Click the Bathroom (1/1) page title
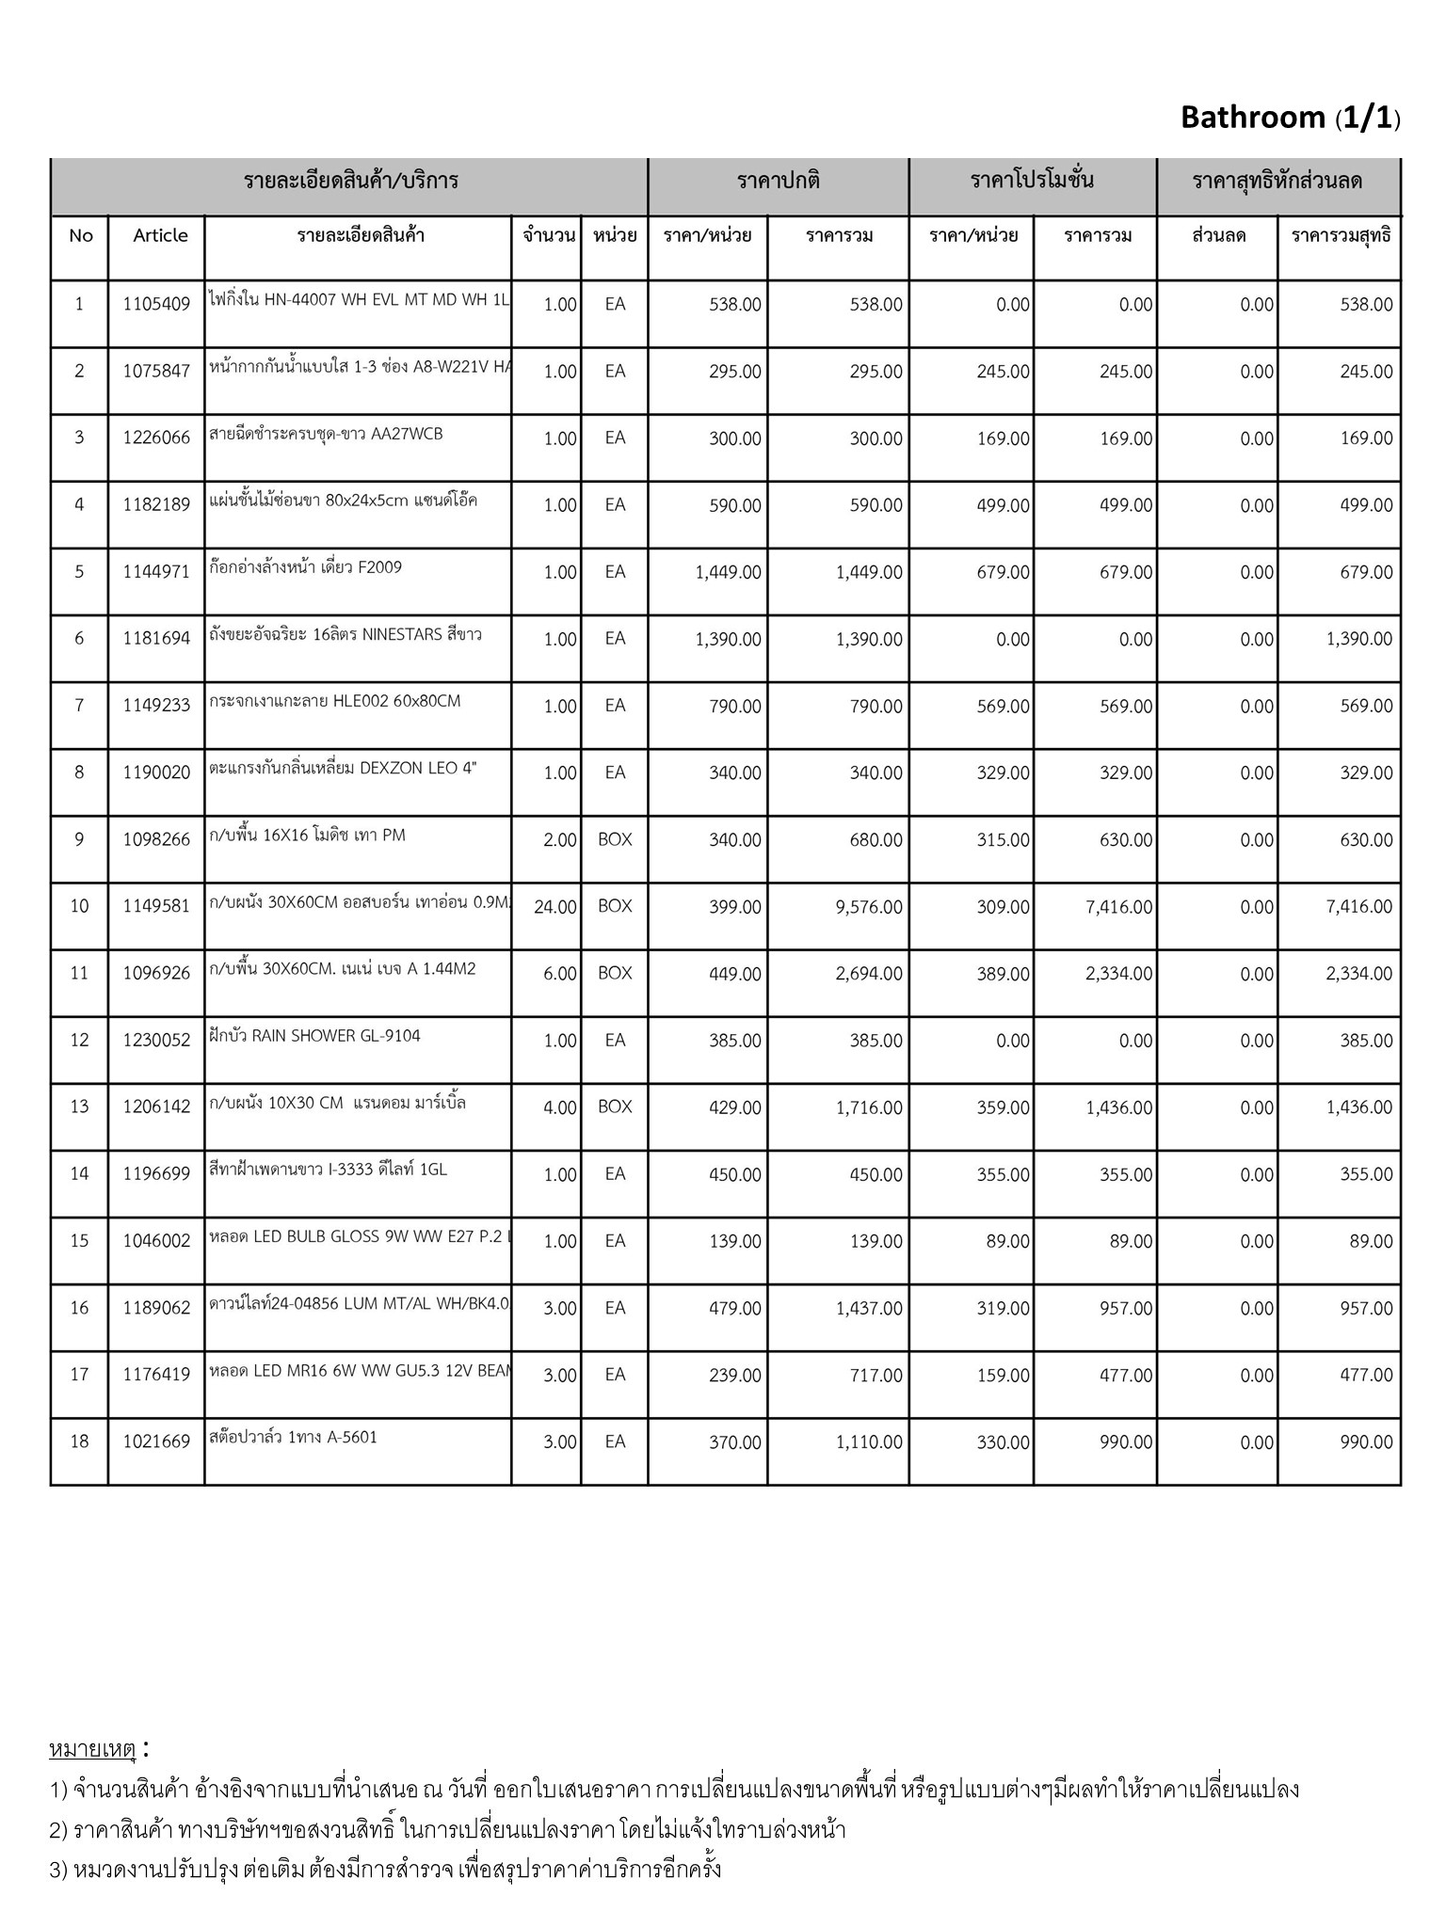(1290, 118)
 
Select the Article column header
(160, 235)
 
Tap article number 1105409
(156, 304)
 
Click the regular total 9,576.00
(869, 907)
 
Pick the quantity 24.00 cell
(554, 907)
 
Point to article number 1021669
(156, 1441)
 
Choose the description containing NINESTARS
(345, 634)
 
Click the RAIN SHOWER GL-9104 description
(314, 1036)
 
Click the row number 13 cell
(79, 1107)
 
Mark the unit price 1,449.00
(728, 572)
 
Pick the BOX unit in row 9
(615, 839)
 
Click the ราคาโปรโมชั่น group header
(1032, 181)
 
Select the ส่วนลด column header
(1218, 235)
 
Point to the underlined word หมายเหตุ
(93, 1749)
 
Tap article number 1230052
(156, 1040)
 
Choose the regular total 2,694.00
(869, 974)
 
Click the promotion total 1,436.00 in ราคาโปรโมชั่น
(1118, 1107)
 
